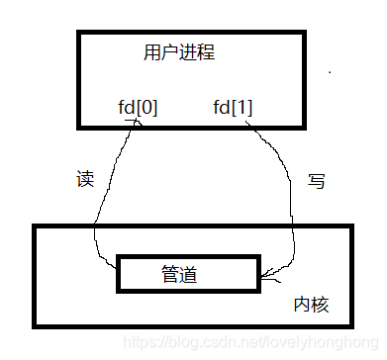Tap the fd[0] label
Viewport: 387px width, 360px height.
pyautogui.click(x=137, y=107)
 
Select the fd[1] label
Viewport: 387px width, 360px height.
pyautogui.click(x=233, y=107)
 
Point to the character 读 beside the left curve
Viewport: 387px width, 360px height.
pyautogui.click(x=85, y=181)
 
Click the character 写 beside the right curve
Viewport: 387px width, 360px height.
pyautogui.click(x=318, y=181)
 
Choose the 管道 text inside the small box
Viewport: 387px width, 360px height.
pyautogui.click(x=179, y=274)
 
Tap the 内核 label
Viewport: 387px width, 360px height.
pyautogui.click(x=310, y=304)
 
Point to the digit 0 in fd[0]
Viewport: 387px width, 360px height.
pyautogui.click(x=144, y=107)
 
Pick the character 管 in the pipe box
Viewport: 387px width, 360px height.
pyautogui.click(x=170, y=274)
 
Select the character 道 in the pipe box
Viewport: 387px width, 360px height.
pyautogui.click(x=188, y=274)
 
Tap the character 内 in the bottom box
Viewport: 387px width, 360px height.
pyautogui.click(x=301, y=304)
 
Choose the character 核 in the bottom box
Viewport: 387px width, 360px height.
pyautogui.click(x=319, y=304)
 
